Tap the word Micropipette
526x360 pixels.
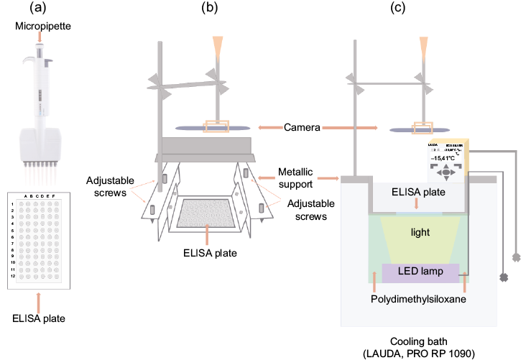39,27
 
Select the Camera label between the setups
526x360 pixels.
301,126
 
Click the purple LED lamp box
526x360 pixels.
420,273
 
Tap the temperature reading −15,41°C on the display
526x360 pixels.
446,156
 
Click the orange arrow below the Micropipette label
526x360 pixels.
39,37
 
